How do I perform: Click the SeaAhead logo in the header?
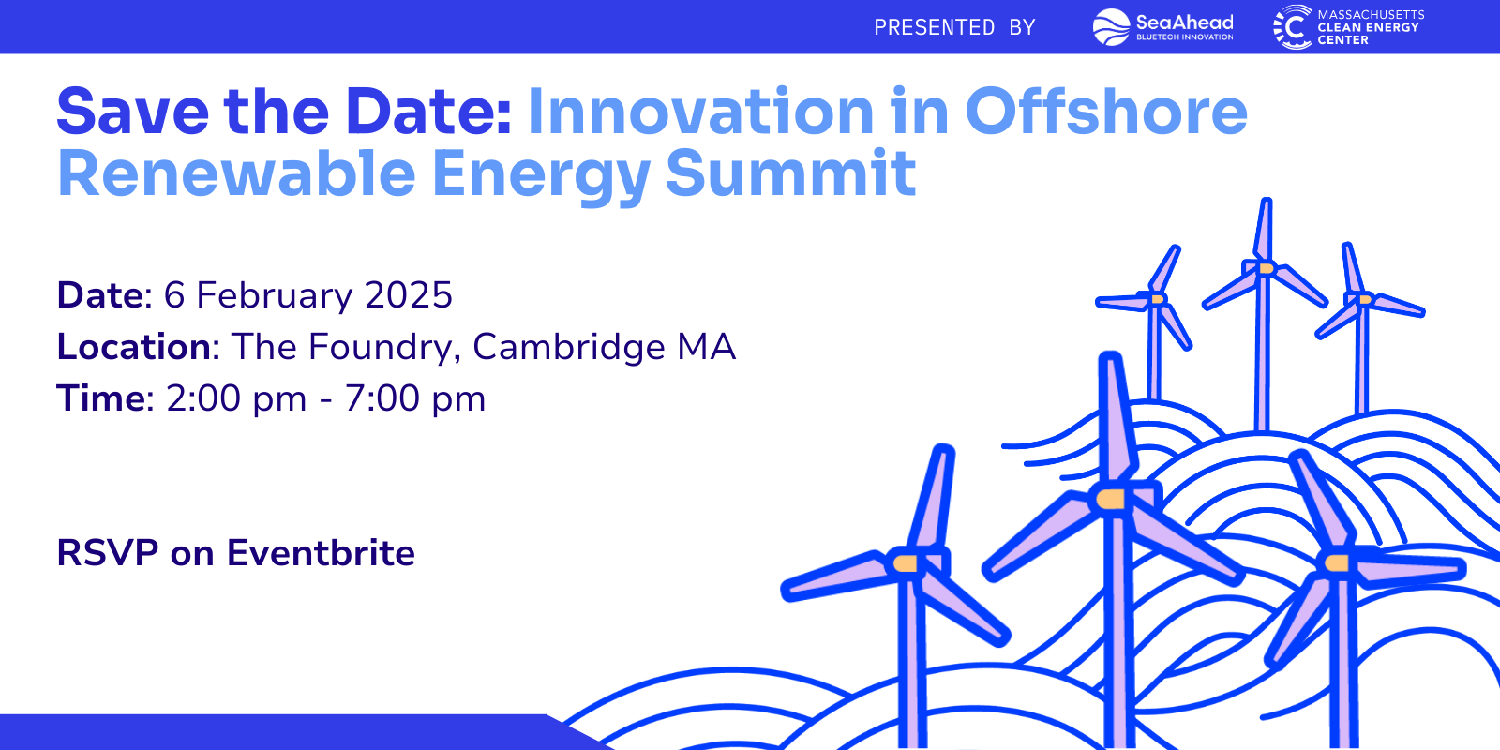pyautogui.click(x=1162, y=27)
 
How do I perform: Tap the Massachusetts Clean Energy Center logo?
pyautogui.click(x=1348, y=27)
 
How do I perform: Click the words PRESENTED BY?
pyautogui.click(x=954, y=28)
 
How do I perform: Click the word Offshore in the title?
pyautogui.click(x=1106, y=112)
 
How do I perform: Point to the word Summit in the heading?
pyautogui.click(x=790, y=174)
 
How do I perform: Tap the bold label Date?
pyautogui.click(x=99, y=295)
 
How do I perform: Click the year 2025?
pyautogui.click(x=409, y=295)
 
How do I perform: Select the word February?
pyautogui.click(x=274, y=296)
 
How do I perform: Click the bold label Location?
pyautogui.click(x=133, y=347)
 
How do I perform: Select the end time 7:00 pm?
pyautogui.click(x=414, y=398)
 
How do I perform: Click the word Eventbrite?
pyautogui.click(x=321, y=553)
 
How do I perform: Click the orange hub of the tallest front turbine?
pyautogui.click(x=1110, y=499)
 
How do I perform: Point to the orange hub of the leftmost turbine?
pyautogui.click(x=906, y=563)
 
